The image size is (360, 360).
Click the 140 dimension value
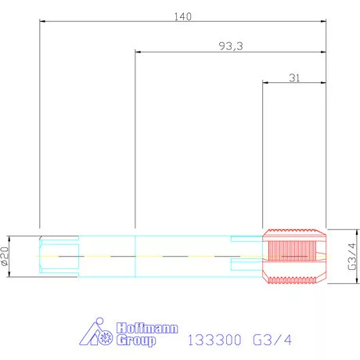182,16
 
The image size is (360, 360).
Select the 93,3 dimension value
231,46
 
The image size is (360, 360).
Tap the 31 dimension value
294,77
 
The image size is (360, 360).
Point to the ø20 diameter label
5,256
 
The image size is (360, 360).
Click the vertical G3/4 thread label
352,257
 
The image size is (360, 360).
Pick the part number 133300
214,340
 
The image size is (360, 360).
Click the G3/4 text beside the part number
272,340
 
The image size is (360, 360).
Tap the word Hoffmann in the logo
147,328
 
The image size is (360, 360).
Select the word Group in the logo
136,340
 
